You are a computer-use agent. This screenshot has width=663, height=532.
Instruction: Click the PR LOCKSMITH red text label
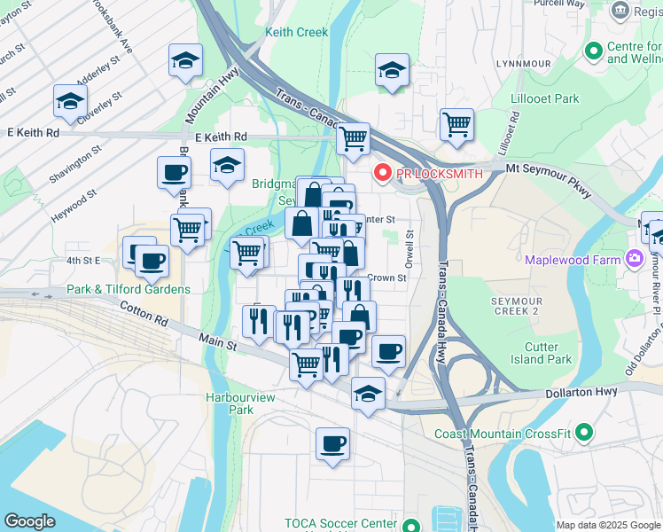[440, 174]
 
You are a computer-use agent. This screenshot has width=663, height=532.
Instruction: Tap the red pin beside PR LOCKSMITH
[383, 173]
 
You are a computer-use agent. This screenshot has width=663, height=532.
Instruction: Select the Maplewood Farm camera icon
[634, 259]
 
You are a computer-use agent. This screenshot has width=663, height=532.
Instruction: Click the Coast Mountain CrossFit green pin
[583, 433]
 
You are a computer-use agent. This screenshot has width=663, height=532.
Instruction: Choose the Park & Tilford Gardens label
[129, 289]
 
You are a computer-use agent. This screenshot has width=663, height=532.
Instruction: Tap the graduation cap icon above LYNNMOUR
[392, 71]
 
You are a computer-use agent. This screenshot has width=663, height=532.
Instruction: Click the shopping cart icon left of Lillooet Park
[456, 124]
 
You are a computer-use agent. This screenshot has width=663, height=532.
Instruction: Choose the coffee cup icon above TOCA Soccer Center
[332, 443]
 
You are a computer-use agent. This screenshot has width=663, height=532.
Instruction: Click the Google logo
[29, 521]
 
